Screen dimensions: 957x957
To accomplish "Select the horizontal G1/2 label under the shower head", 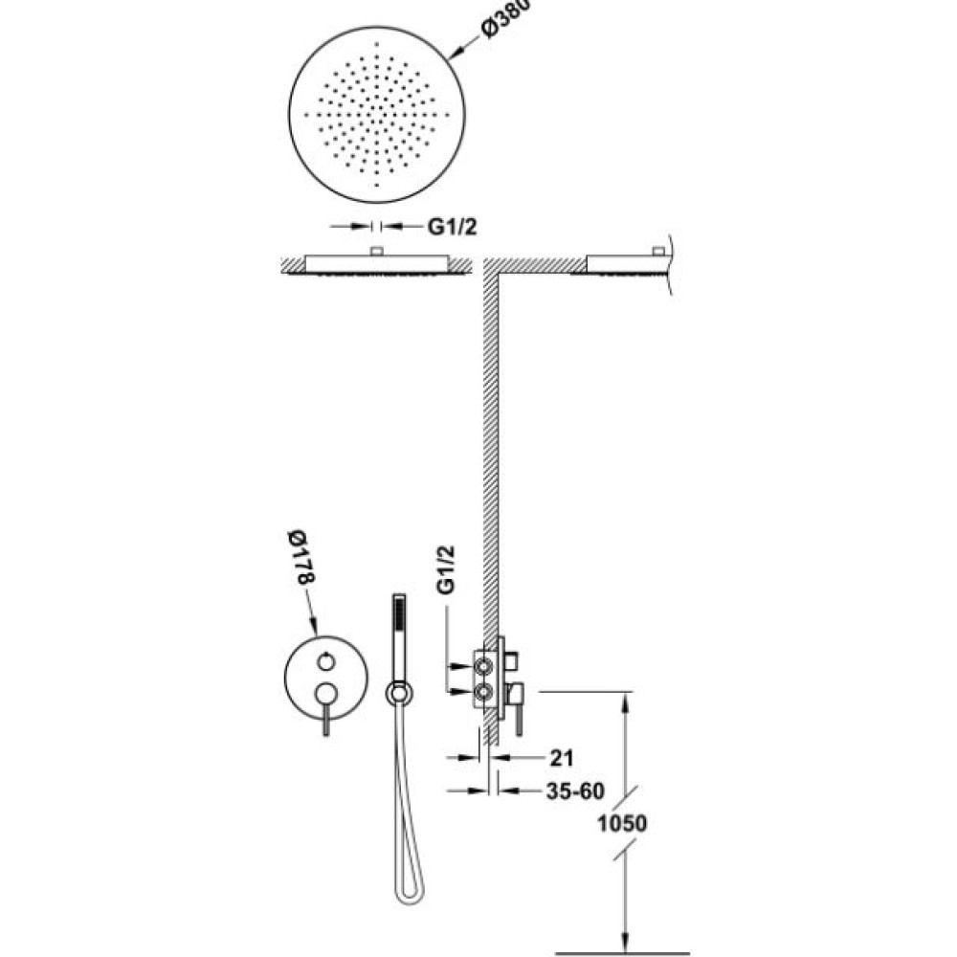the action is [x=452, y=227].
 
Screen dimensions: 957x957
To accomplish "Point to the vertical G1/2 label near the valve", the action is [x=446, y=569].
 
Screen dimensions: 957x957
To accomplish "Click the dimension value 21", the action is [x=562, y=758].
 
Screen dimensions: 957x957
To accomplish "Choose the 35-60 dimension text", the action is [x=575, y=791].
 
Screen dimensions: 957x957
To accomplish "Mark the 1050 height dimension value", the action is [x=621, y=823].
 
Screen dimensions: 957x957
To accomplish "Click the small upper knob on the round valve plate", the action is [x=326, y=661].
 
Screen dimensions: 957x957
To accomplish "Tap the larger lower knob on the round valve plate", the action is [x=326, y=693].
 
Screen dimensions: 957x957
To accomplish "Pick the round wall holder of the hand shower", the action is [x=399, y=693].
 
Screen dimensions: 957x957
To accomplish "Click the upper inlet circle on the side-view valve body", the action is [x=484, y=668].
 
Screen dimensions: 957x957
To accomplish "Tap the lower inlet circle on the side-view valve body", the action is [x=484, y=692].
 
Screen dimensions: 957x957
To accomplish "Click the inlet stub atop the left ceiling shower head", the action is [x=376, y=251].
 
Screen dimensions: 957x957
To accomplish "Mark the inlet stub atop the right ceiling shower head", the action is [x=658, y=251].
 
